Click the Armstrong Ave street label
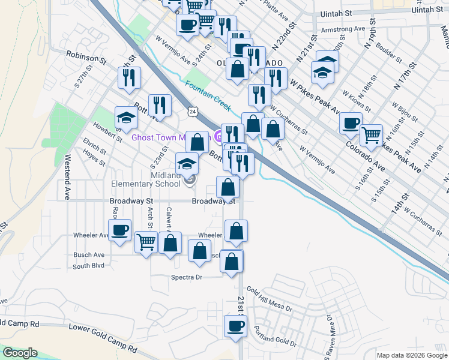pos(343,29)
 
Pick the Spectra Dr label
pos(187,277)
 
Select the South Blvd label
pos(89,266)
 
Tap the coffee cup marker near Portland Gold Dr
pos(235,326)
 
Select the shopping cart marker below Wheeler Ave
pos(146,242)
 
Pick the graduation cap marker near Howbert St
pos(127,117)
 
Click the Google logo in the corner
pos(20,353)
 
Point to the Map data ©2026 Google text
pos(411,355)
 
